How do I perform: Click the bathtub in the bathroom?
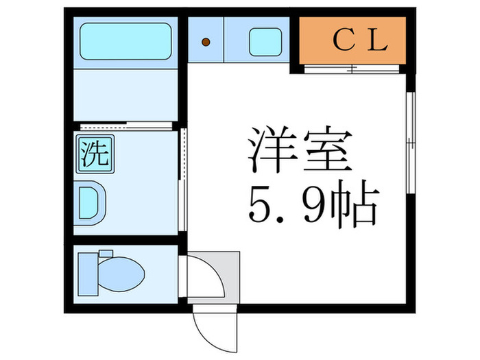click(125, 41)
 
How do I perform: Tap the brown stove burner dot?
click(206, 42)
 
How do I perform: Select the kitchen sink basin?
click(265, 42)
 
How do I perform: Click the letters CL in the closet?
click(361, 40)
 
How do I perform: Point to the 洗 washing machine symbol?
click(95, 154)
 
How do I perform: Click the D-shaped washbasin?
click(89, 203)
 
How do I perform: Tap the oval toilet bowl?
click(121, 274)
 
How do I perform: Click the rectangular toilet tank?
click(88, 274)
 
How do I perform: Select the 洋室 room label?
click(300, 149)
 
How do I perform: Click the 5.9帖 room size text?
click(314, 203)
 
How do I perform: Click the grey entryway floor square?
click(214, 278)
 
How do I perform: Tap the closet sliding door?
click(352, 69)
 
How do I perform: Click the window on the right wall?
click(411, 143)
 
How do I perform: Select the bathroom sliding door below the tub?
click(126, 125)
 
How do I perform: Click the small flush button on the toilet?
click(106, 254)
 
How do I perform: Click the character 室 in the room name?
click(327, 149)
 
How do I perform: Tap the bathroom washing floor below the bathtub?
click(125, 95)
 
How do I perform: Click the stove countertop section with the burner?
click(206, 40)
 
